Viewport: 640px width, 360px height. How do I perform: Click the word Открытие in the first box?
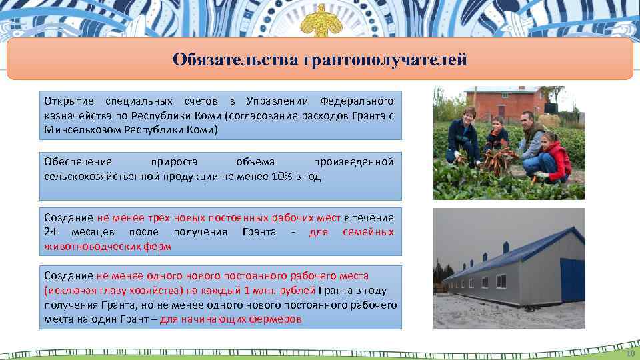(x=65, y=101)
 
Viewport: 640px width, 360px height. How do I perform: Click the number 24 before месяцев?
(x=50, y=232)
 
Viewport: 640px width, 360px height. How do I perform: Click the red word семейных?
(x=368, y=232)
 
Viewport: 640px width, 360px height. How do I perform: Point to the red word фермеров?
(x=277, y=319)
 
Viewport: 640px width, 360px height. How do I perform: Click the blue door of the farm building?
(x=572, y=280)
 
